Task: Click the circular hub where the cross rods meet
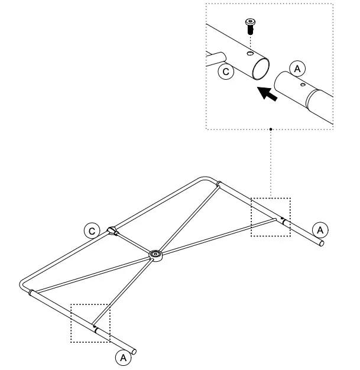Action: coord(156,255)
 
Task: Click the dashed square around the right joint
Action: coord(271,217)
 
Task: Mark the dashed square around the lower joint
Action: coord(90,323)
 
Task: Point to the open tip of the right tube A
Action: coord(321,243)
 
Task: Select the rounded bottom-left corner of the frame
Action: coord(24,284)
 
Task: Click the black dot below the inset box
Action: coord(270,128)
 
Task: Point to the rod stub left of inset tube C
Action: coord(216,57)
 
